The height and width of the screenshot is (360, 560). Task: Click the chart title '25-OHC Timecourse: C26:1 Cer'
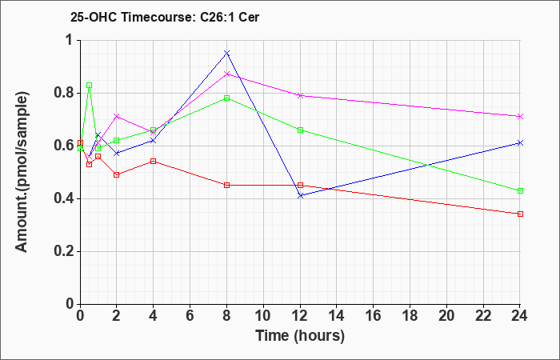[165, 17]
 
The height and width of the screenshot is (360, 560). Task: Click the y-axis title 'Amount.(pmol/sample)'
[22, 172]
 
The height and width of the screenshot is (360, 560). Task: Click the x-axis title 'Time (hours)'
[300, 336]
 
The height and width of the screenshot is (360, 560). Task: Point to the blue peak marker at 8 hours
[226, 54]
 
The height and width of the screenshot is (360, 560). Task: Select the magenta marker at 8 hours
[226, 74]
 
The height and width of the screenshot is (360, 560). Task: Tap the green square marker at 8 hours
[226, 98]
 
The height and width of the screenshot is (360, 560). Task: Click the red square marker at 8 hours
[226, 186]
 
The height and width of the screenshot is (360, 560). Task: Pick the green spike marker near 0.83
[90, 86]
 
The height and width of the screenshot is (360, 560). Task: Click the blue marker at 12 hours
[300, 196]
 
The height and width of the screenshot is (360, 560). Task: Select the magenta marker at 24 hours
[520, 117]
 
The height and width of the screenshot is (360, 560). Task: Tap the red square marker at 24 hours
[520, 214]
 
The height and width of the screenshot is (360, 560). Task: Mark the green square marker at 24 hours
[520, 190]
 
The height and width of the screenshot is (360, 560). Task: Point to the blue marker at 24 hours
[520, 143]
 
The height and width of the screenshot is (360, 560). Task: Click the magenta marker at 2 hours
[117, 117]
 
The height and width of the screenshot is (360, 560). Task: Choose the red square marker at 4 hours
[154, 162]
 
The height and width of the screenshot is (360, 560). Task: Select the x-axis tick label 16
[374, 316]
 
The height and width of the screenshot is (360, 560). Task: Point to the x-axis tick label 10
[263, 316]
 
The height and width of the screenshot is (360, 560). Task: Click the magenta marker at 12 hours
[300, 95]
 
